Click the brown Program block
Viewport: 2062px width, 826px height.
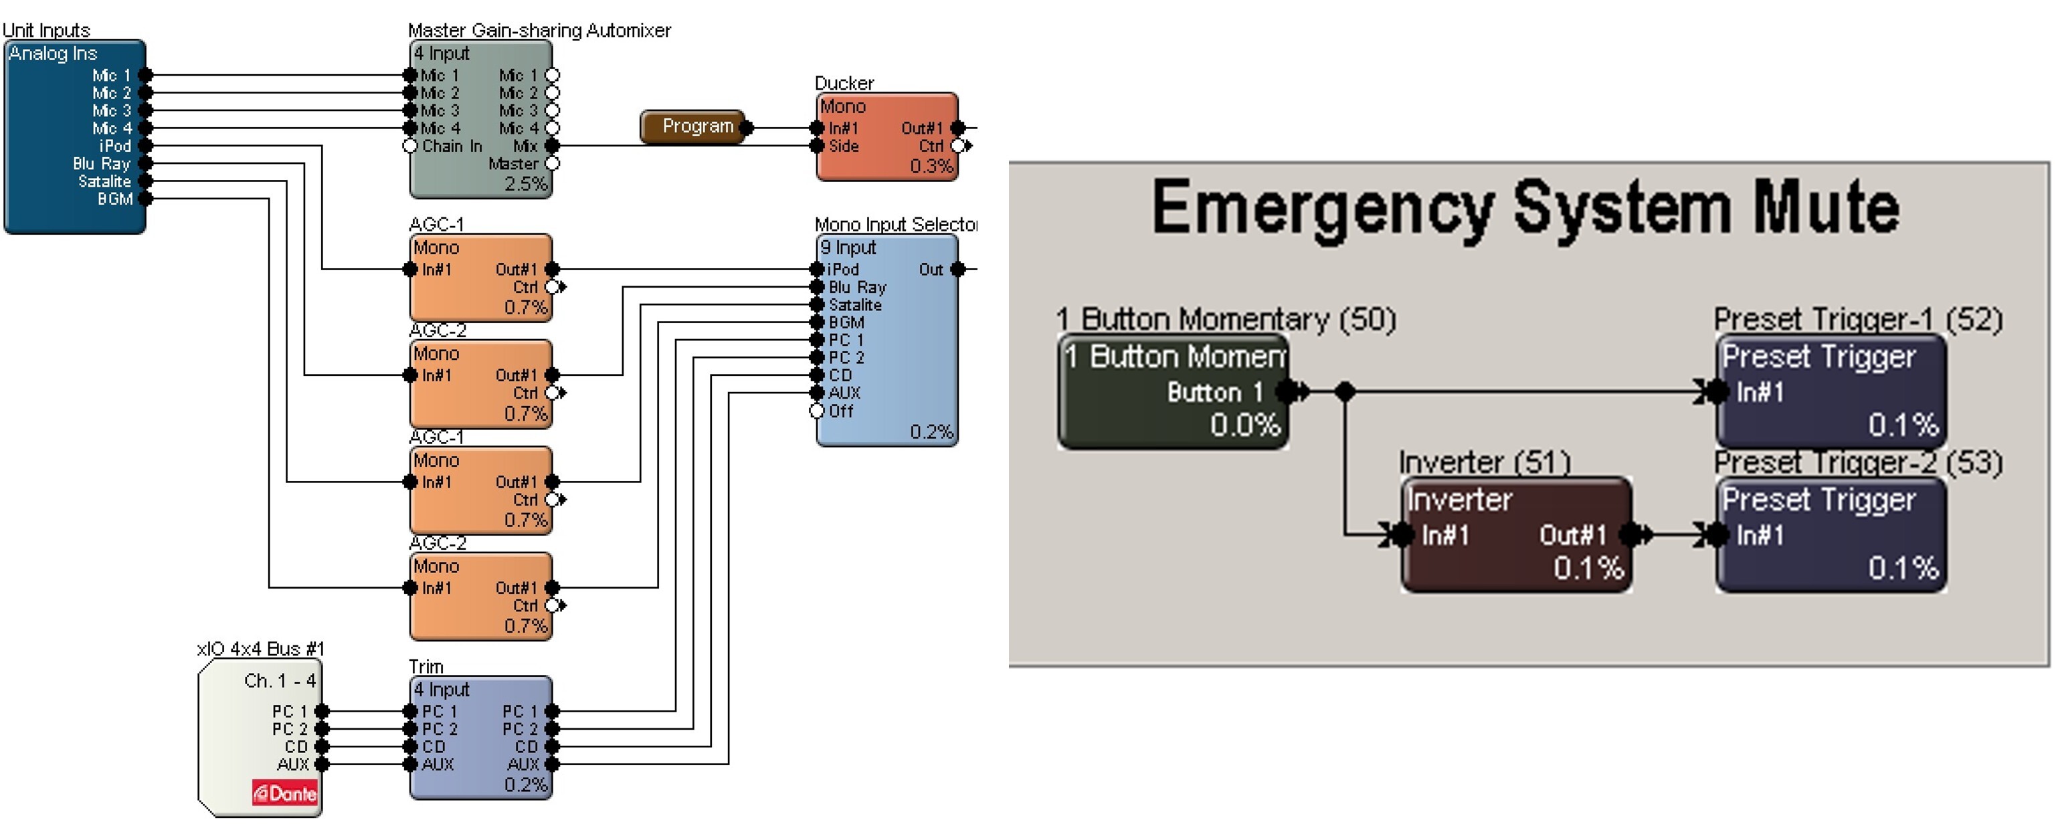pos(693,126)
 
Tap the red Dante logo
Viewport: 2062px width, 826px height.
pos(285,793)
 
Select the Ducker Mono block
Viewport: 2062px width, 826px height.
pos(886,136)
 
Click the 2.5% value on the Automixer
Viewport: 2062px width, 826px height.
pos(525,183)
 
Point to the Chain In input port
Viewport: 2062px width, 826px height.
pos(411,146)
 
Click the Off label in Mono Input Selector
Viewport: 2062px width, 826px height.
pos(840,411)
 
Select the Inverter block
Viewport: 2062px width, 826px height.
pos(1515,534)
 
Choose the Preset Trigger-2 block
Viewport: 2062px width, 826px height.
pos(1830,534)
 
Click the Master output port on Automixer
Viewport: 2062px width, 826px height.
pos(553,163)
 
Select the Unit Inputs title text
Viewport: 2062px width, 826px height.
pos(46,29)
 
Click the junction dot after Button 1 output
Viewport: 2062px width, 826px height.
pos(1345,391)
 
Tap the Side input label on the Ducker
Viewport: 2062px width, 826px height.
pos(843,146)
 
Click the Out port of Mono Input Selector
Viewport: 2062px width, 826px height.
pos(957,270)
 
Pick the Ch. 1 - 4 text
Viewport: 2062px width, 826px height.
pos(280,680)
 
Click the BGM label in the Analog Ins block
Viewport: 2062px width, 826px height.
pos(114,199)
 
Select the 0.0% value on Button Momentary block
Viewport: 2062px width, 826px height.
pos(1244,424)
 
